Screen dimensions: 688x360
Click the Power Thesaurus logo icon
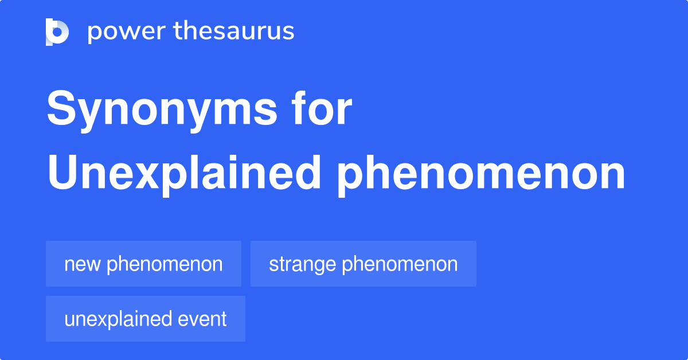[x=57, y=32]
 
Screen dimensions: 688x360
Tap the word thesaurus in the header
[x=234, y=30]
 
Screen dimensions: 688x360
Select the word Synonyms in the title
[x=162, y=110]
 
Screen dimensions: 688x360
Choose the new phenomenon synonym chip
[x=143, y=264]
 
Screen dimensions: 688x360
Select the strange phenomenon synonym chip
[x=363, y=264]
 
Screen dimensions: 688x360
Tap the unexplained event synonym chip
[x=146, y=319]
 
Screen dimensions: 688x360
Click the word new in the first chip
[x=83, y=265]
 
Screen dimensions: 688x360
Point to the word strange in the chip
[x=302, y=265]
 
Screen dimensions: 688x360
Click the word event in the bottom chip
[x=202, y=319]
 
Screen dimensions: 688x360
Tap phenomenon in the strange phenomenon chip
[x=400, y=264]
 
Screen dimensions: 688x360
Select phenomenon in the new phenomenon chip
[x=165, y=264]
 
